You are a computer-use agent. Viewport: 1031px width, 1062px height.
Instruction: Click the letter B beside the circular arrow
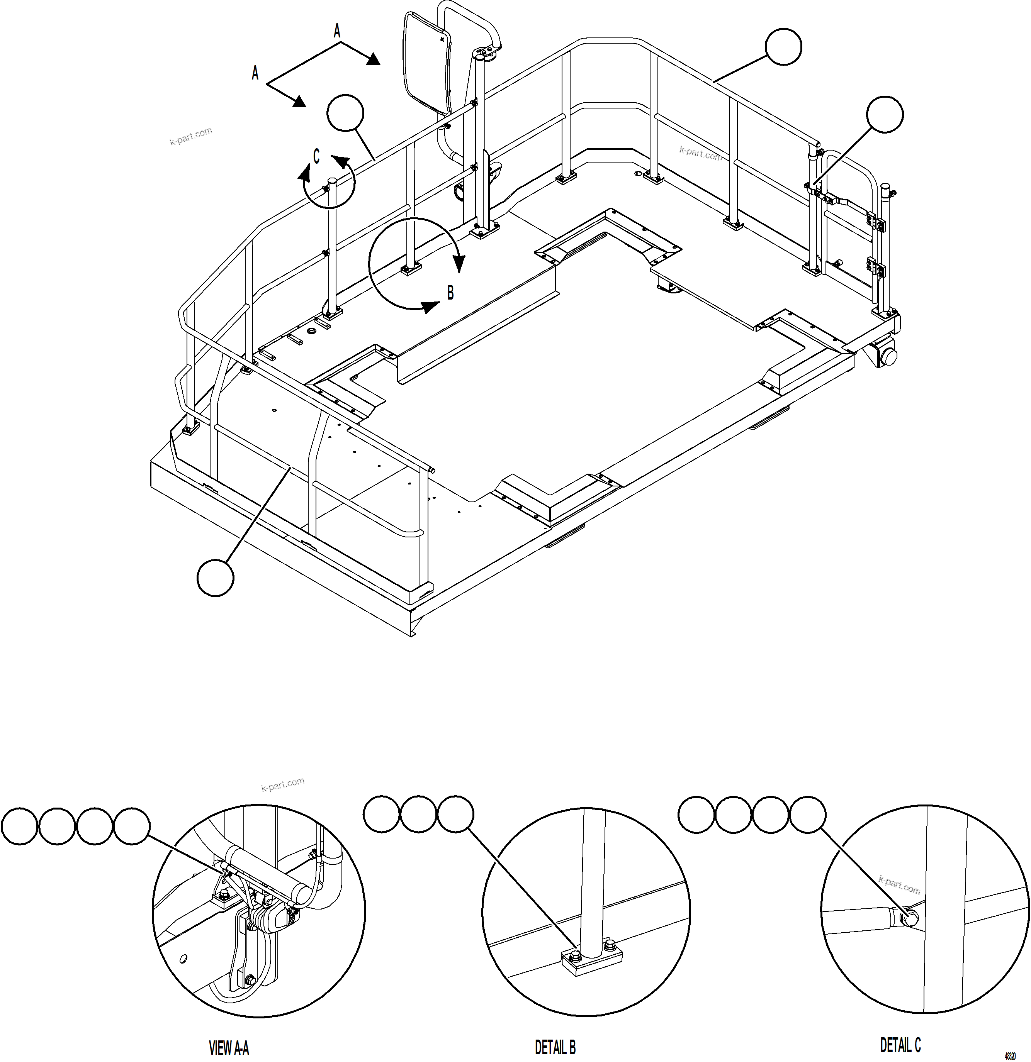450,293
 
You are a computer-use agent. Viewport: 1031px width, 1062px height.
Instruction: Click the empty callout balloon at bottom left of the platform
215,578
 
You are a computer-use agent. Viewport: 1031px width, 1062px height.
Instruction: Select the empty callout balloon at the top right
783,47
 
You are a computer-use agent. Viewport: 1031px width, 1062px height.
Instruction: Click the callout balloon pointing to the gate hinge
885,114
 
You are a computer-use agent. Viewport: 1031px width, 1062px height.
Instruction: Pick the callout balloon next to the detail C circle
345,113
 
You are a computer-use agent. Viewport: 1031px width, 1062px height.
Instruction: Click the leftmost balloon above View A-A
19,826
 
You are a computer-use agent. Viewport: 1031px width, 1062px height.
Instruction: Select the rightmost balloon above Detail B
455,813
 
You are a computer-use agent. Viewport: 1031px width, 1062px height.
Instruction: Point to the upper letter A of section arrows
336,31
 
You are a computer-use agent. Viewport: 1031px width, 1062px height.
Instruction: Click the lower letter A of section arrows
255,73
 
